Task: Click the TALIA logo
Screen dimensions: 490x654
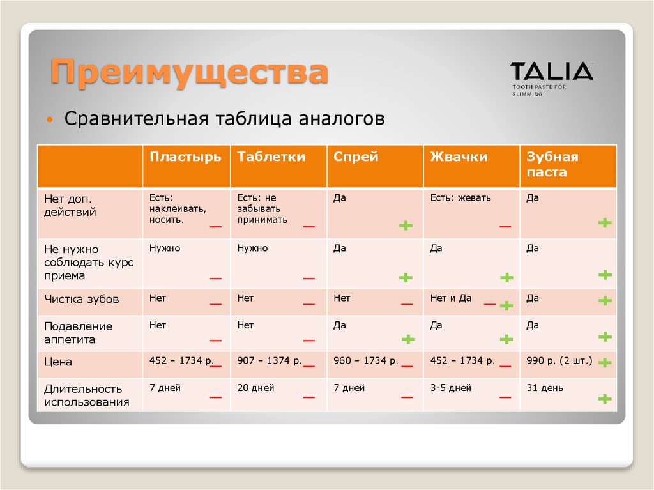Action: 551,71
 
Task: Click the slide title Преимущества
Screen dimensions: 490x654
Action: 190,72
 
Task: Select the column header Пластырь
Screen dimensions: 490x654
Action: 186,157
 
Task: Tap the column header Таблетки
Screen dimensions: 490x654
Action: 271,157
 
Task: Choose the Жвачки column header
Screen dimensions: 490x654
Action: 459,157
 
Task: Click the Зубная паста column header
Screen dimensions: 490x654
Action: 552,165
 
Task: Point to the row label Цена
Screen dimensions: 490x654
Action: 58,362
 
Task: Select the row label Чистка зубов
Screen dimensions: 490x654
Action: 82,298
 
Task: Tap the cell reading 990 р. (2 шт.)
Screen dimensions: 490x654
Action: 559,361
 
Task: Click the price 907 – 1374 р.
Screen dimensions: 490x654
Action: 269,361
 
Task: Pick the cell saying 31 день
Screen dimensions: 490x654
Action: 545,388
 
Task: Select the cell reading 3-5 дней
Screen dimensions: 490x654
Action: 450,388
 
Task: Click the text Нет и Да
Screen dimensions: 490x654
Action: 450,298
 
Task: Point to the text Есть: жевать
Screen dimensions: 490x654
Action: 460,198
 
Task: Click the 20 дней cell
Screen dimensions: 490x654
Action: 255,388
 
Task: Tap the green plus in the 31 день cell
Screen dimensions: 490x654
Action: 604,399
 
